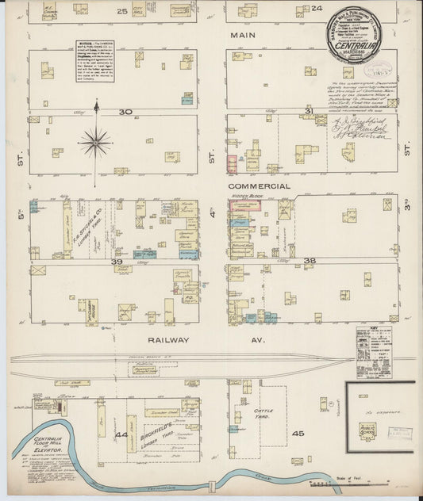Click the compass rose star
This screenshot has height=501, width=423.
coord(95,143)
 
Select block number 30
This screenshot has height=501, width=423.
coord(125,112)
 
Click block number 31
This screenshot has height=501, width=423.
coord(310,112)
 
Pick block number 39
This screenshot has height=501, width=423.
coord(117,261)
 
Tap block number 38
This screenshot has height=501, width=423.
coord(310,261)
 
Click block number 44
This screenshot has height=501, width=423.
coord(121,435)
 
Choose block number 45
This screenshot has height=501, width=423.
coord(298,434)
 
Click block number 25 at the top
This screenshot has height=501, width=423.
coord(122,11)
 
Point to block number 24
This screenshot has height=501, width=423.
coord(316,9)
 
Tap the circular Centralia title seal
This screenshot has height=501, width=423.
coord(353,36)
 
